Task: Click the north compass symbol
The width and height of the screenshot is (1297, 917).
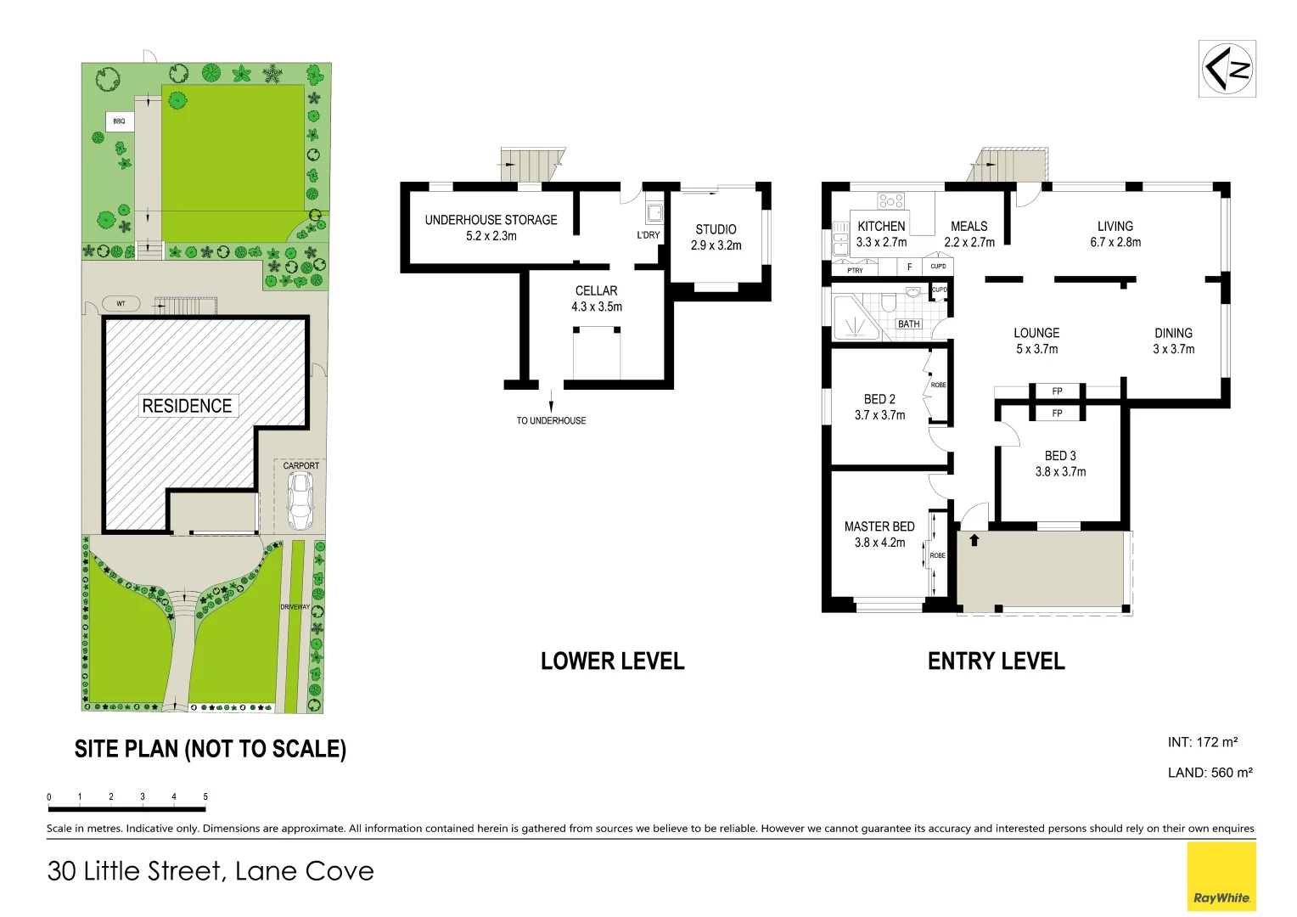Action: pyautogui.click(x=1227, y=69)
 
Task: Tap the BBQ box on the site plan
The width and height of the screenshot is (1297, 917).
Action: pyautogui.click(x=119, y=121)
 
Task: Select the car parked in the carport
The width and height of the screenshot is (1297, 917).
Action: pyautogui.click(x=300, y=501)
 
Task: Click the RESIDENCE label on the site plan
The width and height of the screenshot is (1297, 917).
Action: pyautogui.click(x=187, y=406)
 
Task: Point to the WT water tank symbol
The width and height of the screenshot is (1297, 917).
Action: pyautogui.click(x=121, y=303)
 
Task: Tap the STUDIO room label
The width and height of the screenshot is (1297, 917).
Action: pyautogui.click(x=716, y=229)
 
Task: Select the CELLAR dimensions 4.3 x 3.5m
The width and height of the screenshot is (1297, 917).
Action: pyautogui.click(x=596, y=307)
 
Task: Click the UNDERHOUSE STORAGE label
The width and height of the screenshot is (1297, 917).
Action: pyautogui.click(x=491, y=220)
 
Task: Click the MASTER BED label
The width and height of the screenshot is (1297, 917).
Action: pyautogui.click(x=879, y=526)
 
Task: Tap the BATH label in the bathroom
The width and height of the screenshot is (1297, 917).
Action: pyautogui.click(x=908, y=323)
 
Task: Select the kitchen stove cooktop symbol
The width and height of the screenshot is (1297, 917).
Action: pyautogui.click(x=891, y=200)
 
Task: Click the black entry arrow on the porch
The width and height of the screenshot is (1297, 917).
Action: pyautogui.click(x=974, y=539)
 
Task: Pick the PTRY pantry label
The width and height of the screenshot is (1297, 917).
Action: pyautogui.click(x=855, y=270)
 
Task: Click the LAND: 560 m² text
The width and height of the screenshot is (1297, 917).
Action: pyautogui.click(x=1210, y=773)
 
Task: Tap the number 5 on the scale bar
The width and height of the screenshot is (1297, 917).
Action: pyautogui.click(x=205, y=796)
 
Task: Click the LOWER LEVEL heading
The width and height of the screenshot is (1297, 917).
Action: pyautogui.click(x=612, y=661)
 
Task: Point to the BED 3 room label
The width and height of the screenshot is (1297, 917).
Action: pyautogui.click(x=1060, y=456)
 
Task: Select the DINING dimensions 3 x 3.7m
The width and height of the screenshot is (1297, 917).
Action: pyautogui.click(x=1173, y=349)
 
